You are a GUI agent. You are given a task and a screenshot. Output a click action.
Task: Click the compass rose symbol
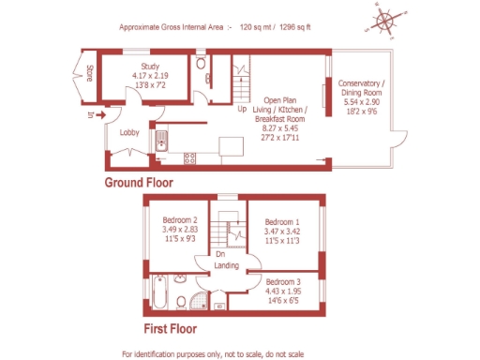coord(384,20)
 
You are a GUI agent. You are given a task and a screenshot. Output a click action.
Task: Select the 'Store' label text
coord(90,74)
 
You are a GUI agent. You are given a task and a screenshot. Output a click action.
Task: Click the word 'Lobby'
coord(129,133)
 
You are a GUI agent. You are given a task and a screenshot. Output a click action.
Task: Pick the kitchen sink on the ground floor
coord(161,141)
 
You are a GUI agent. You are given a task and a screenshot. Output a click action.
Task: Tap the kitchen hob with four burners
coord(189,157)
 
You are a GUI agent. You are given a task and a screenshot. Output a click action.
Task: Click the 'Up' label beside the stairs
coord(242,108)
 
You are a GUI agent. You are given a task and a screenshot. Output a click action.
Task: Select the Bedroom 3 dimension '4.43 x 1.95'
coord(282,292)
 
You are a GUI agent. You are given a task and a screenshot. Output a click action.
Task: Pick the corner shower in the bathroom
coord(195,300)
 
